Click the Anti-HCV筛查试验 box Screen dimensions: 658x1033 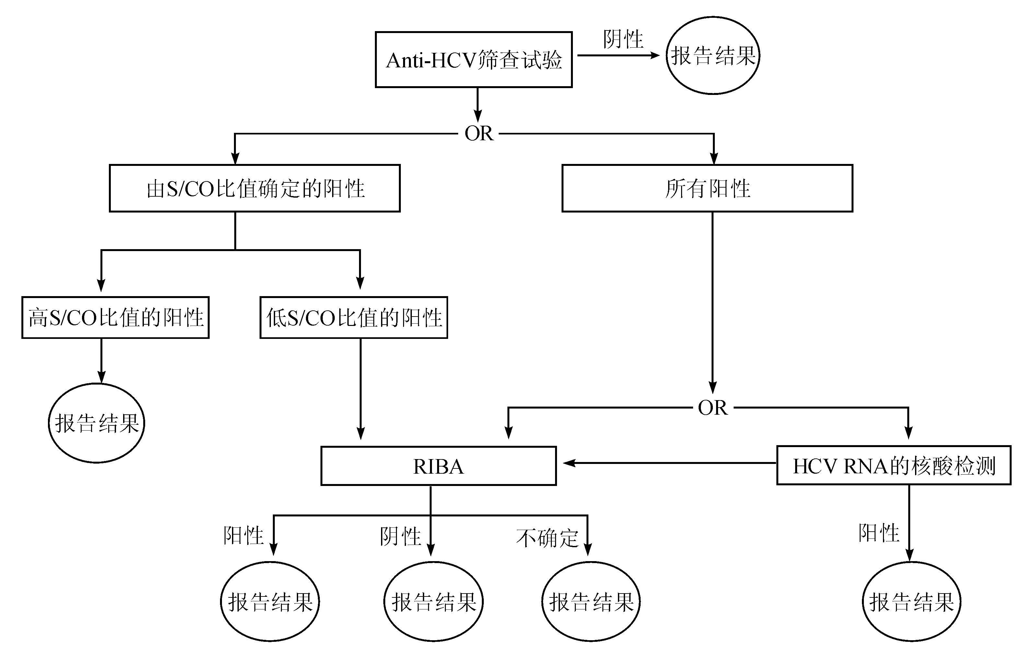pos(474,60)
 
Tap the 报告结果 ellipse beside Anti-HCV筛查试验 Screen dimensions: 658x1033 pos(713,55)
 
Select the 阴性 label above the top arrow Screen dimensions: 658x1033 pos(623,40)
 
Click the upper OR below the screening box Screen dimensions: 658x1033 pos(479,133)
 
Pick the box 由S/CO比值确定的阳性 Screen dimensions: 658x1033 pos(255,188)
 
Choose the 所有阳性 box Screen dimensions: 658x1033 pos(707,188)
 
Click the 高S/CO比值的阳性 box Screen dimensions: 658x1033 pos(115,317)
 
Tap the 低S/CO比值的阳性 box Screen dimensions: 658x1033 pos(354,317)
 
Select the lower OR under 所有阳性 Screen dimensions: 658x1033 pos(713,408)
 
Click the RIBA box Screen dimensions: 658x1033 pos(438,466)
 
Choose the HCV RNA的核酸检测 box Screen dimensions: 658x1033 pos(894,466)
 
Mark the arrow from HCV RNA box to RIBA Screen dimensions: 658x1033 pos(669,463)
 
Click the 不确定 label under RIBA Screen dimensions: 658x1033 pos(547,538)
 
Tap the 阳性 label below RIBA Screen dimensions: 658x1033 pos(243,535)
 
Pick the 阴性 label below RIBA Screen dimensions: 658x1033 pos(400,536)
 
